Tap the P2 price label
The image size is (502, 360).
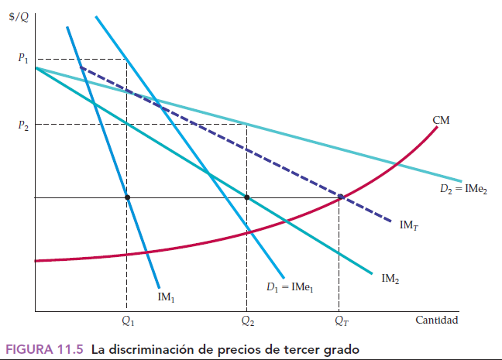[22, 125]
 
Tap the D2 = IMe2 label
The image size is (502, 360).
[460, 189]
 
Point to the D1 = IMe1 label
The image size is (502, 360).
[291, 288]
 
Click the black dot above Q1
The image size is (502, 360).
[127, 197]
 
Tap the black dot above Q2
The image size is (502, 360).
[246, 197]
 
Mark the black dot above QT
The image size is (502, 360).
[339, 197]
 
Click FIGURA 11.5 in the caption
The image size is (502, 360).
[45, 348]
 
